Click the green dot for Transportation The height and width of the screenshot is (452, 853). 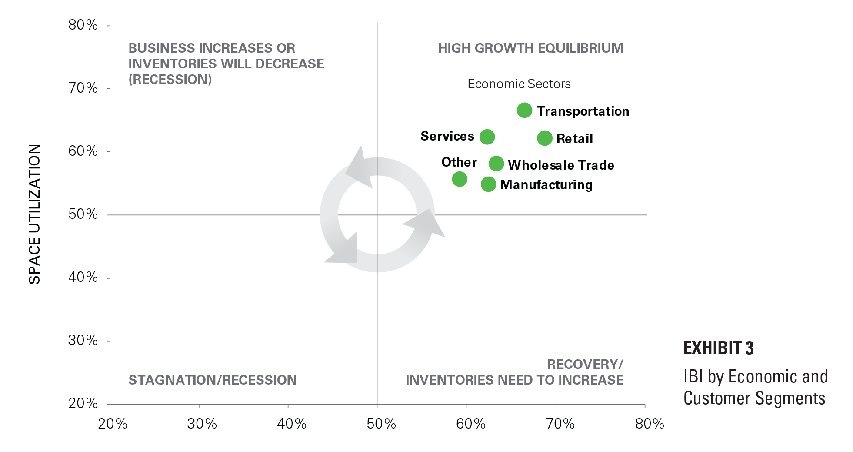point(524,110)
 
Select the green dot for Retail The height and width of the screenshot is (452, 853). point(544,138)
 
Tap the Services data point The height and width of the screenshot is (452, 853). point(487,137)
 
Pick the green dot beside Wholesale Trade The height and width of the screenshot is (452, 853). point(496,164)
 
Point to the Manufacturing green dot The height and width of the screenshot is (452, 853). point(488,184)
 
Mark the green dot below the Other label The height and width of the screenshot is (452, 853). point(460,179)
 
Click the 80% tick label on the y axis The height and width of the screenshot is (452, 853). point(83,25)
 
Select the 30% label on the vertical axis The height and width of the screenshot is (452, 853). point(83,340)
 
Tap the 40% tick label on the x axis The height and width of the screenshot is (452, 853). point(291,424)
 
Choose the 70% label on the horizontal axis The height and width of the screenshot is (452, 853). point(560,424)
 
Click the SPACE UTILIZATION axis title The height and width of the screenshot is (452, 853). point(35,214)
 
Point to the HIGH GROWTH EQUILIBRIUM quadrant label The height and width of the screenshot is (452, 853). point(530,48)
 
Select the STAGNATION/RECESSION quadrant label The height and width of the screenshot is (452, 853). point(212,380)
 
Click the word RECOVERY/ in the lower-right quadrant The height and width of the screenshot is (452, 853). point(585,364)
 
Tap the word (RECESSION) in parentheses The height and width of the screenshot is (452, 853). point(170,80)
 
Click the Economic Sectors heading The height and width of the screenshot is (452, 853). point(519,84)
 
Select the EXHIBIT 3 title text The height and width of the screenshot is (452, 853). point(718,348)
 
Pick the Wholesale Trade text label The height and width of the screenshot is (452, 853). point(561,165)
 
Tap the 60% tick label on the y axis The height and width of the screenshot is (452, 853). point(83,151)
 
